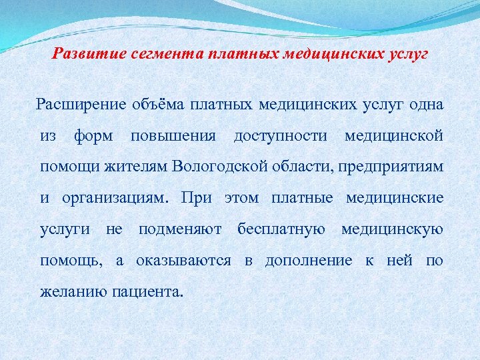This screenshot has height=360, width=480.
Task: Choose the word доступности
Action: click(x=281, y=136)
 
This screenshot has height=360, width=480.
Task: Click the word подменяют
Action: click(x=180, y=229)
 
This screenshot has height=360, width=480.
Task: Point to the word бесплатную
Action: click(x=281, y=229)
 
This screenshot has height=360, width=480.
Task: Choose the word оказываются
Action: click(x=183, y=260)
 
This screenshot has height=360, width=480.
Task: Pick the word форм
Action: click(x=93, y=136)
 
